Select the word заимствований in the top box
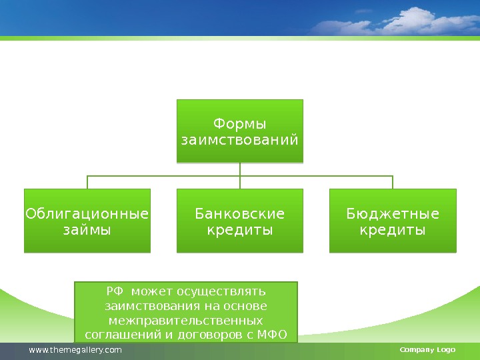(x=239, y=141)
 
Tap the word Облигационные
(x=87, y=214)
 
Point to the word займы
(x=87, y=230)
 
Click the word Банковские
(x=239, y=214)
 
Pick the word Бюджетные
(x=393, y=214)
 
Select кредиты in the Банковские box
(x=239, y=230)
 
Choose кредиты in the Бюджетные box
(x=393, y=230)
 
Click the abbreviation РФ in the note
(x=115, y=291)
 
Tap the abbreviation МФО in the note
(x=271, y=334)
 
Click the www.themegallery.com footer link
(x=75, y=350)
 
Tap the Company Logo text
(x=427, y=350)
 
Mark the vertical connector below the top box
(x=239, y=169)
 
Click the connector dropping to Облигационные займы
(x=87, y=182)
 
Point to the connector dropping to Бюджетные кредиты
(x=393, y=182)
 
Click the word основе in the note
(x=247, y=306)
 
